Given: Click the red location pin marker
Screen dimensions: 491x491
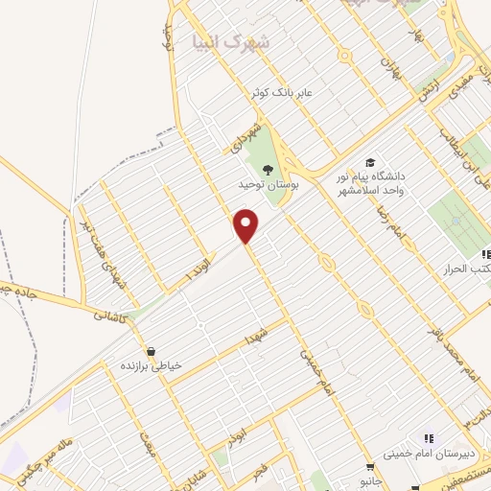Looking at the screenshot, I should pyautogui.click(x=247, y=225).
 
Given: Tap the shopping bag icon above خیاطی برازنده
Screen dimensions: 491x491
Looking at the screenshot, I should pyautogui.click(x=150, y=350).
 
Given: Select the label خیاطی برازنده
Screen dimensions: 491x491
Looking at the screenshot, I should pyautogui.click(x=151, y=366).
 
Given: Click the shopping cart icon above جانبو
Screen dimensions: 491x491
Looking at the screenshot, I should pyautogui.click(x=369, y=467).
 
